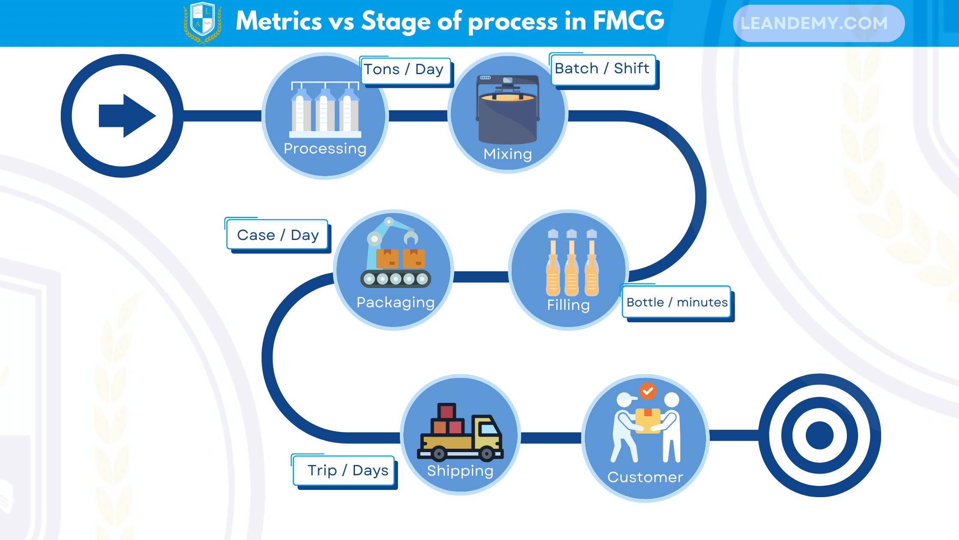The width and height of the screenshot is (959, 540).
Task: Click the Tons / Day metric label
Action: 405,70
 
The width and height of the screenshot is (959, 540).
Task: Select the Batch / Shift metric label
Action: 602,69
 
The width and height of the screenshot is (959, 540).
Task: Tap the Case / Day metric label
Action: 278,235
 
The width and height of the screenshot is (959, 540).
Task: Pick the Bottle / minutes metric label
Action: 677,303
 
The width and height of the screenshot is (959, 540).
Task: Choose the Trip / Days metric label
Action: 347,471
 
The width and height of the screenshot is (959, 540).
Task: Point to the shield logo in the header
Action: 203,22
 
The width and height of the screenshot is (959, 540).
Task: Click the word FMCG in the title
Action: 628,21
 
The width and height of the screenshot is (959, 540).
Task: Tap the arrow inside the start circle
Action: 127,116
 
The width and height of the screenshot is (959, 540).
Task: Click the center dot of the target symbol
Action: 819,435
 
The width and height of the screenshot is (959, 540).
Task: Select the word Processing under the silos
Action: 325,149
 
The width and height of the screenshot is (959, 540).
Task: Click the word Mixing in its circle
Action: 507,154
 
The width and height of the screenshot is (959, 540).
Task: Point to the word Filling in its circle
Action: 568,305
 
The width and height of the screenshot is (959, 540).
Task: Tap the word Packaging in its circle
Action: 395,303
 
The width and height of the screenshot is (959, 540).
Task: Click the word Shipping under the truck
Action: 460,471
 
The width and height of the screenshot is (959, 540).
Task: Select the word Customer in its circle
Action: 645,477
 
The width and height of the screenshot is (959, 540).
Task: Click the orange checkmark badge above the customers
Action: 648,391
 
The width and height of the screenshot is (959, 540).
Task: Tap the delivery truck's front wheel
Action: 487,453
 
